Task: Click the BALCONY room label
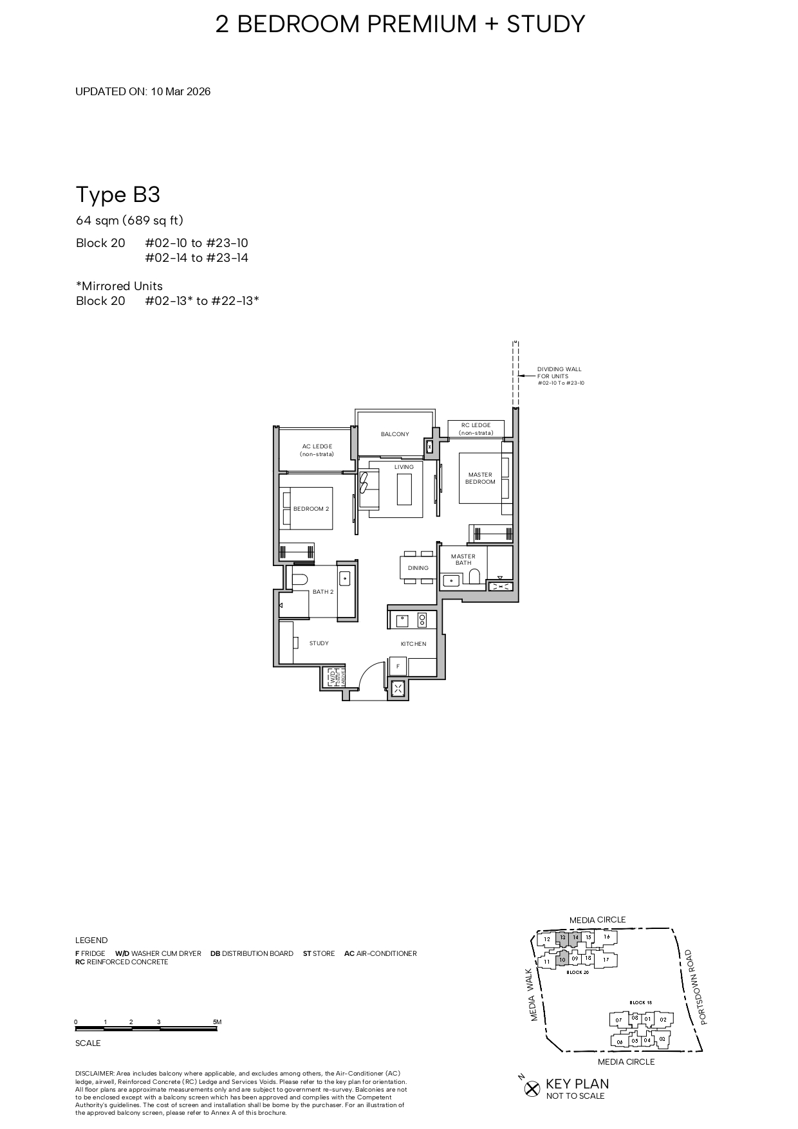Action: (x=394, y=434)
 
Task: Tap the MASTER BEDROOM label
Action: (x=480, y=478)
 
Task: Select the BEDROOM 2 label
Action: (x=311, y=509)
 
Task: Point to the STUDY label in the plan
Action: (x=319, y=643)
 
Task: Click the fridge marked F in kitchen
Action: (x=398, y=666)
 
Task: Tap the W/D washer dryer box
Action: (x=333, y=677)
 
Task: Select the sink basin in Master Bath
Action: (x=452, y=581)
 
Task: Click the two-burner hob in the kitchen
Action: (x=422, y=620)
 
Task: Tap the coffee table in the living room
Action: (x=405, y=490)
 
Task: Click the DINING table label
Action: (x=418, y=568)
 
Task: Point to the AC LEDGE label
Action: (x=317, y=450)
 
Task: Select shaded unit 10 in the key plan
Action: (x=561, y=959)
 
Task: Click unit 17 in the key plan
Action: (x=606, y=959)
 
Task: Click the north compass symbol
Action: (x=532, y=1088)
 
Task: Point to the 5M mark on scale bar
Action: (x=217, y=1022)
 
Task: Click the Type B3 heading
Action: (x=118, y=194)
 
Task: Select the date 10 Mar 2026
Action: (x=181, y=91)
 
